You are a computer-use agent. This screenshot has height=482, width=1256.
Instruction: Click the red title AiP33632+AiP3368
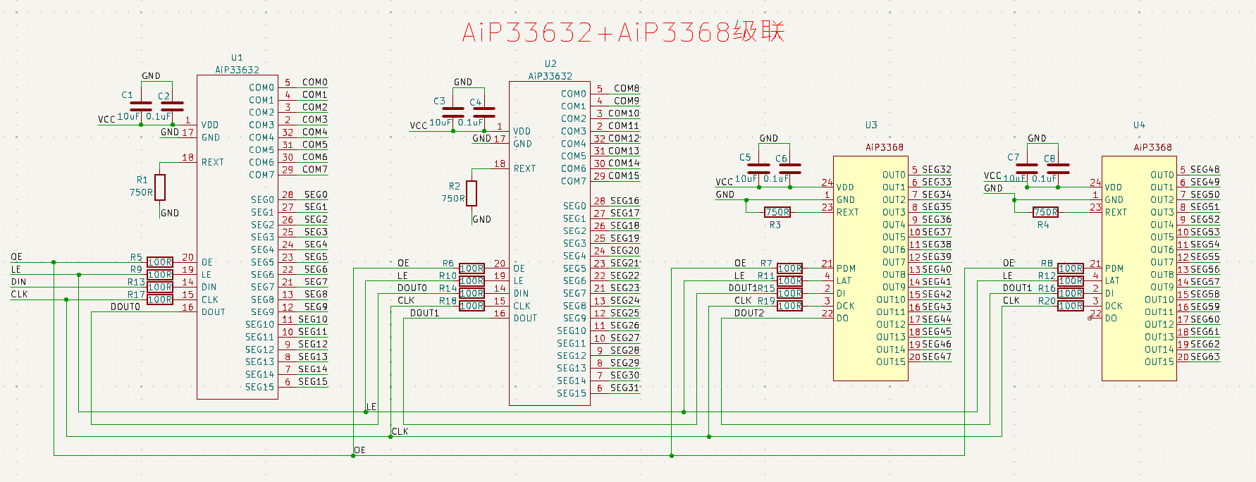pos(623,32)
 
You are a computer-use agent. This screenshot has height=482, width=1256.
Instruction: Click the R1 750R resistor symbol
pos(160,187)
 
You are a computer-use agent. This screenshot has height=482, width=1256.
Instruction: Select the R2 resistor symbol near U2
pos(472,193)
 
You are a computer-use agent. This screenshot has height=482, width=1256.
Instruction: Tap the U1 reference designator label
pos(237,58)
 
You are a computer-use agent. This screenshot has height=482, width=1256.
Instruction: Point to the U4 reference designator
pos(1139,125)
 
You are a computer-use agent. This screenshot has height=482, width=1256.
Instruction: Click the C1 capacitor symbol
pos(141,106)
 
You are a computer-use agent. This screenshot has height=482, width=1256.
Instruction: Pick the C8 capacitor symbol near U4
pos(1058,168)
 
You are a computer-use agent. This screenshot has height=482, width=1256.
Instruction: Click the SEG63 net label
pos(1205,357)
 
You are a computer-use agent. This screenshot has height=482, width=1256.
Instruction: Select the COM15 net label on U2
pos(624,175)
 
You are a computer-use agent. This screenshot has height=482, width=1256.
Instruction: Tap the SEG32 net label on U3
pos(936,169)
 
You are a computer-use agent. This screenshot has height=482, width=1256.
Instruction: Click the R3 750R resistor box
pos(777,212)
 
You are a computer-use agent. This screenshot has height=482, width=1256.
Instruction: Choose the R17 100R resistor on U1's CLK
pos(160,299)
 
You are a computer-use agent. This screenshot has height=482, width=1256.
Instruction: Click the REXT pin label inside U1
pos(212,162)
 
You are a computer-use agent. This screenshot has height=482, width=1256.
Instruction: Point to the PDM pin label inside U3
pos(846,268)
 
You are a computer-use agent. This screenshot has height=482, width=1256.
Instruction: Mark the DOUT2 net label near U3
pos(749,313)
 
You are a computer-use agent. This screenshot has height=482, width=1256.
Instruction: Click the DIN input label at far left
pos(18,282)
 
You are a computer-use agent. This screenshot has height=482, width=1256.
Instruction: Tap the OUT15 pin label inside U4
pos(1159,361)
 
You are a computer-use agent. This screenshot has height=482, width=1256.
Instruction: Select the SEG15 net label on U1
pos(312,381)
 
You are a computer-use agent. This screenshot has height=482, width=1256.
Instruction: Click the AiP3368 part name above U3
pos(885,147)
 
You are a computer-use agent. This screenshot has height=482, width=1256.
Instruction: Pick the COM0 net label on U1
pos(314,82)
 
